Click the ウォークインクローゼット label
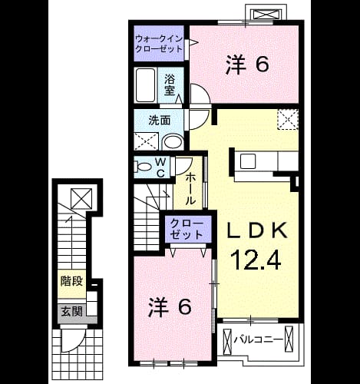click(159, 44)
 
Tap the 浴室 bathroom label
click(170, 84)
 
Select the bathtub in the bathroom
click(145, 85)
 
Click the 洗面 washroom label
click(160, 121)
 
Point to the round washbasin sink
click(173, 142)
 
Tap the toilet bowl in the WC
click(143, 167)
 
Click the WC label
click(160, 167)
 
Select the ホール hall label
click(190, 188)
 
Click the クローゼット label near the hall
click(187, 229)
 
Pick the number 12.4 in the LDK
click(256, 260)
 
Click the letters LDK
click(257, 230)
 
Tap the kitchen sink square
click(248, 161)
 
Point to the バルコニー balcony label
click(259, 339)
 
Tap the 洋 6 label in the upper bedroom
click(247, 65)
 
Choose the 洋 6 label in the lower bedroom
click(170, 306)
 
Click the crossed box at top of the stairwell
click(81, 199)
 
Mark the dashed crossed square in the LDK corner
click(288, 119)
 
